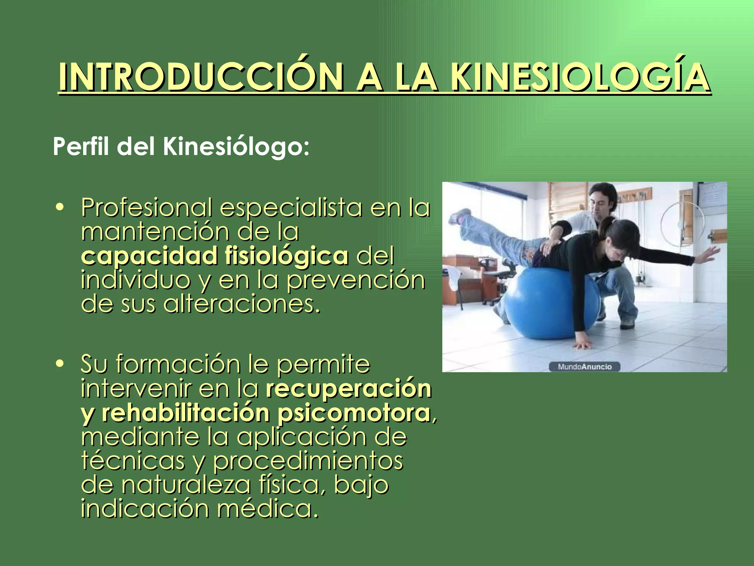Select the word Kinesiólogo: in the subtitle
[236, 147]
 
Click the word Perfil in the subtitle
[81, 147]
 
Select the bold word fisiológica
[286, 256]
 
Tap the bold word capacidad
[149, 256]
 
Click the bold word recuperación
[348, 388]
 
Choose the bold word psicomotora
[353, 413]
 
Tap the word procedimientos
[308, 461]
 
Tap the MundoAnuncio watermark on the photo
[584, 367]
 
